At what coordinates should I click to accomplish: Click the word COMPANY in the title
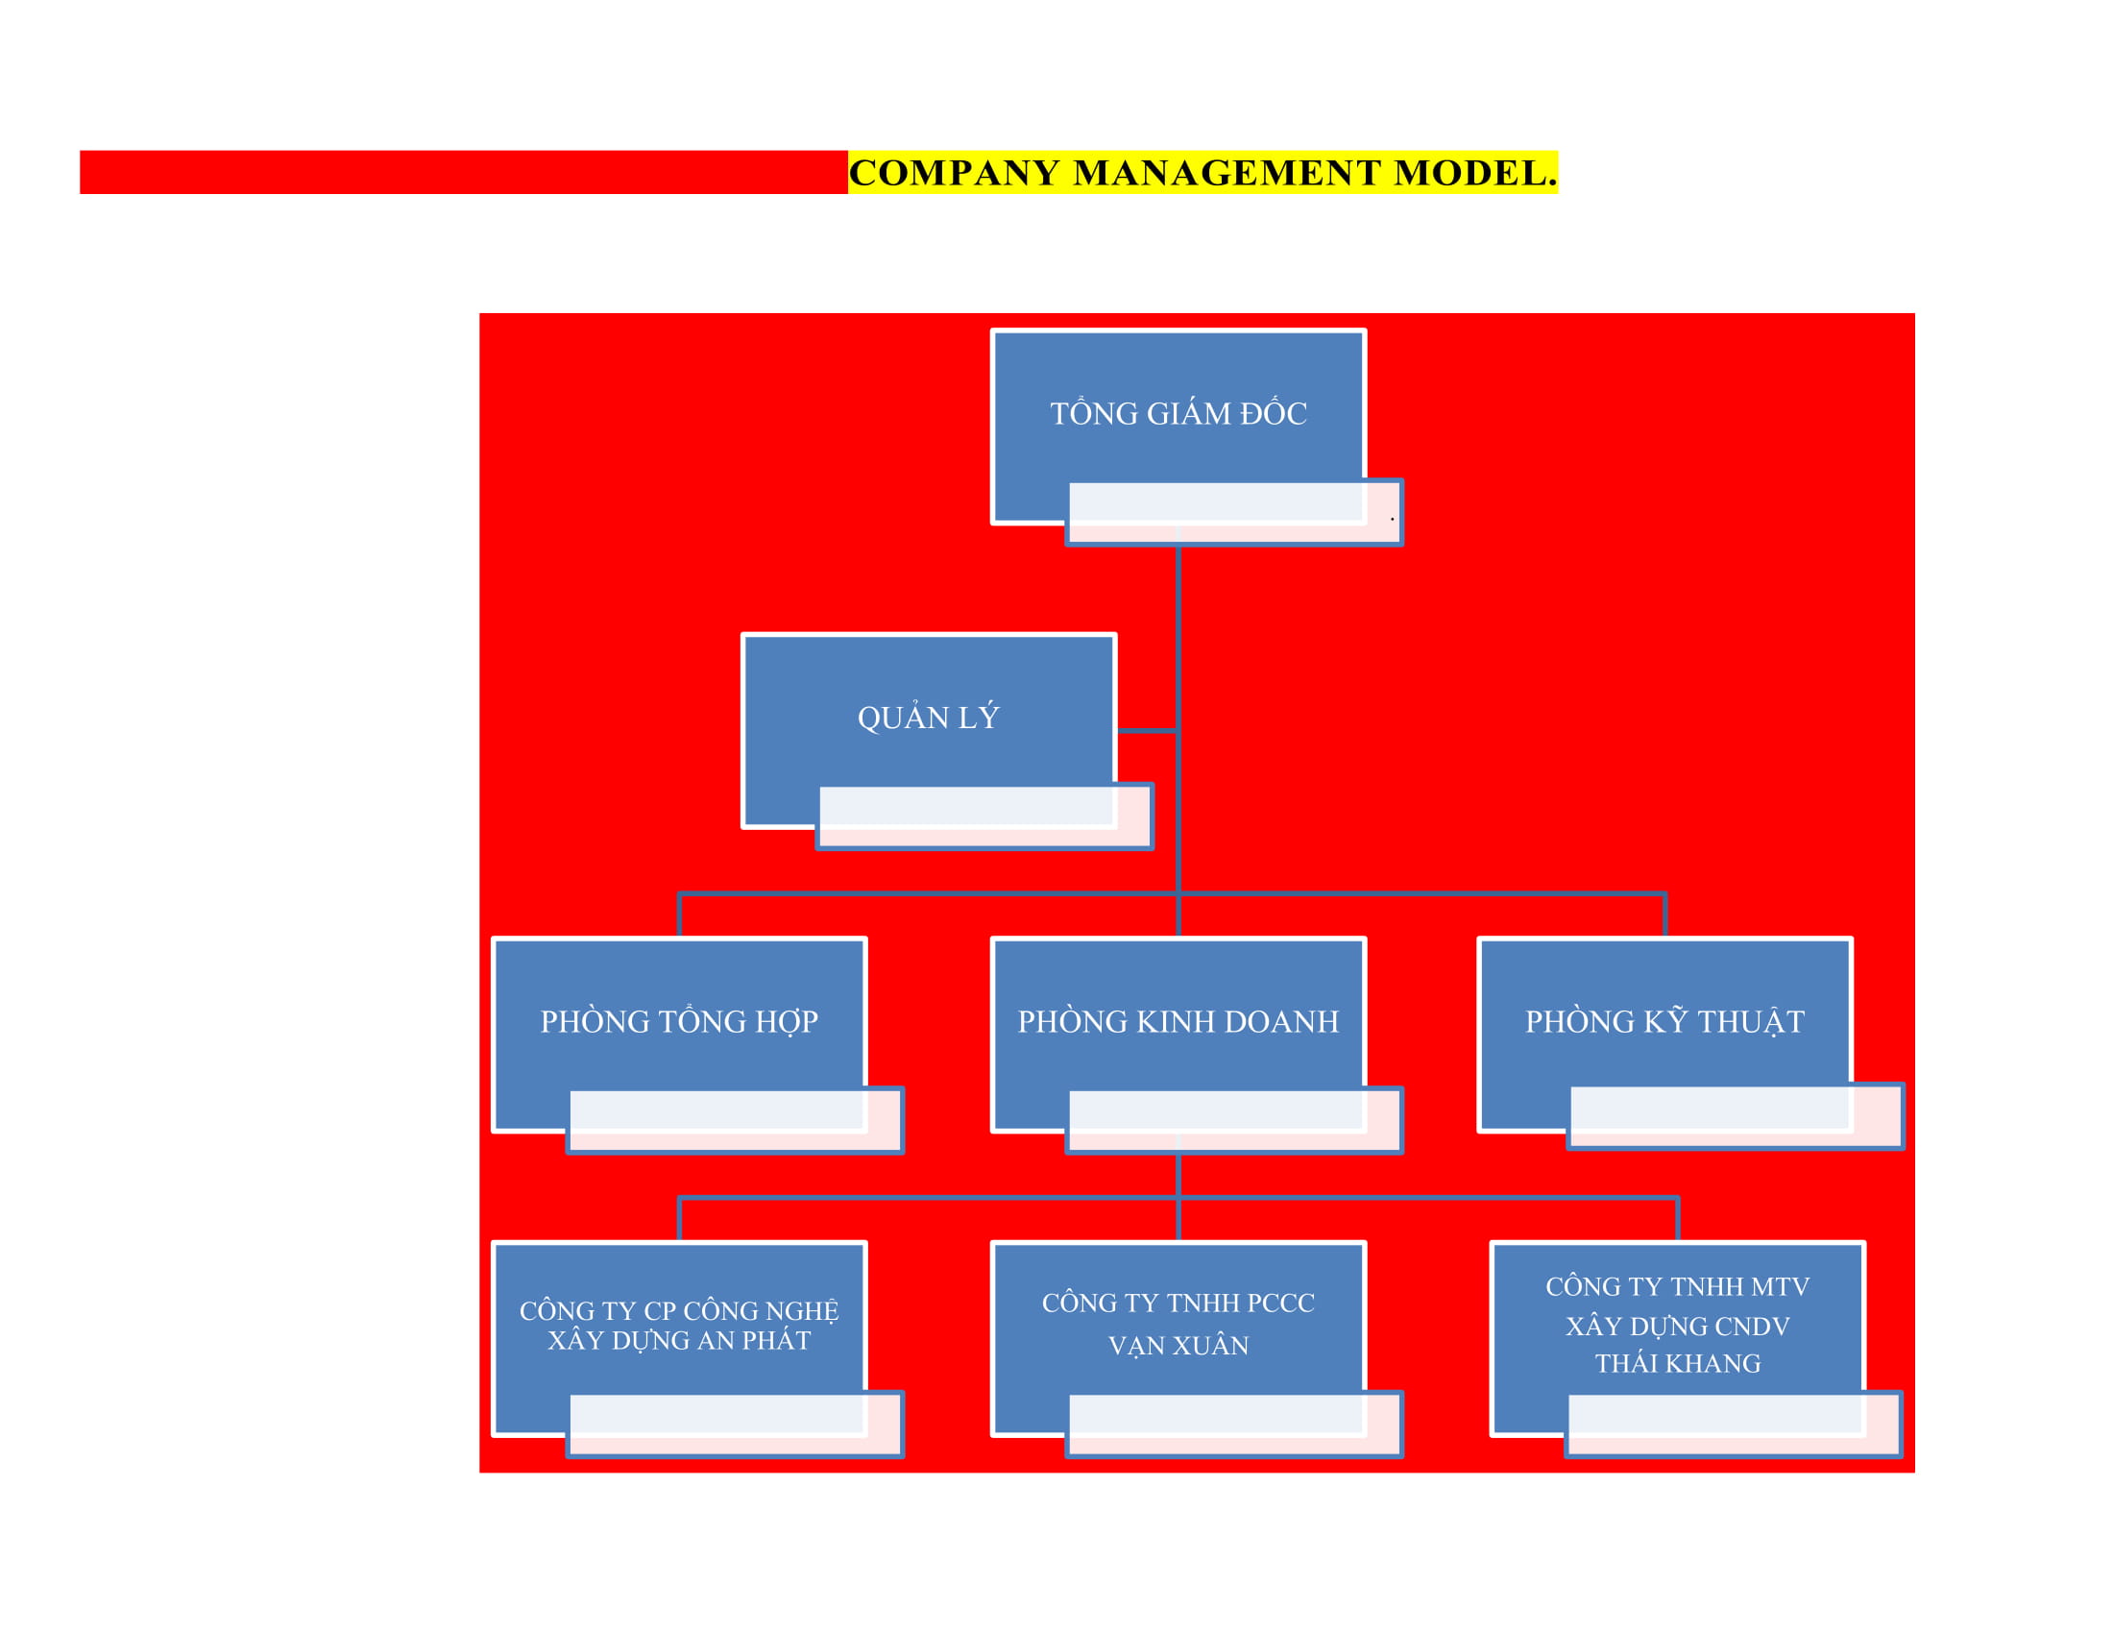click(x=953, y=173)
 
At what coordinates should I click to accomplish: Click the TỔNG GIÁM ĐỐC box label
click(x=1178, y=414)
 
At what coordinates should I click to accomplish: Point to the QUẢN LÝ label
click(x=928, y=718)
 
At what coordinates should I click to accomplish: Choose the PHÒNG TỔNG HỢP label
click(x=679, y=1022)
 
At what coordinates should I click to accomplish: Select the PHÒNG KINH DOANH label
click(x=1178, y=1022)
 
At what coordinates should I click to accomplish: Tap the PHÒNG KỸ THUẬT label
click(x=1665, y=1022)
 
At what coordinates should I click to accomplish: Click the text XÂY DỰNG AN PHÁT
click(x=679, y=1341)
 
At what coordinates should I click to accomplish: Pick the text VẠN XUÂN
click(x=1178, y=1346)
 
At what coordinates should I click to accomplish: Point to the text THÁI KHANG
click(x=1678, y=1364)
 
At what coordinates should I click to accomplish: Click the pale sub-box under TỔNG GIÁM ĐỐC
click(x=1233, y=513)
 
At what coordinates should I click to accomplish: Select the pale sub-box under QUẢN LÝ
click(x=984, y=816)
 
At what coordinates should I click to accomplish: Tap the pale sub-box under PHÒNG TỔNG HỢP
click(x=736, y=1120)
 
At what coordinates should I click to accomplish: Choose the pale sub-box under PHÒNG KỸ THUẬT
click(x=1736, y=1116)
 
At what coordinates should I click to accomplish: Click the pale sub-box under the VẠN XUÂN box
click(x=1233, y=1424)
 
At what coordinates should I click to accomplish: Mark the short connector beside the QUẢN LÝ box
click(x=1148, y=731)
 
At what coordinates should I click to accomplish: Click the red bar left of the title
click(x=464, y=172)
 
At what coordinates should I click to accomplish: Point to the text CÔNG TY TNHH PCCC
click(x=1178, y=1304)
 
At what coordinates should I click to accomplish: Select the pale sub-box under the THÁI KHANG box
click(x=1734, y=1424)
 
